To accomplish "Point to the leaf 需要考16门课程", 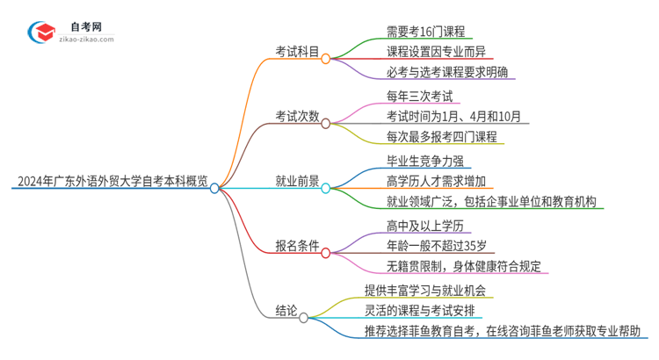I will point(424,29).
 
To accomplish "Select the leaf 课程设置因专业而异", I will point(436,51).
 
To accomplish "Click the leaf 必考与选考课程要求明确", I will point(446,72).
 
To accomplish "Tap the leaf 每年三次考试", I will point(418,95).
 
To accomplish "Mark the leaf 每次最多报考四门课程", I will point(441,137).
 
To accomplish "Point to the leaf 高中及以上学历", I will point(424,226).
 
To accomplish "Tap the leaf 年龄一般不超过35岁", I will point(436,247).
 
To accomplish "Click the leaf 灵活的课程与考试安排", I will point(425,310).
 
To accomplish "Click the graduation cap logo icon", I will point(41,32).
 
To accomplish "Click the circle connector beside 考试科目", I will point(325,60).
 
